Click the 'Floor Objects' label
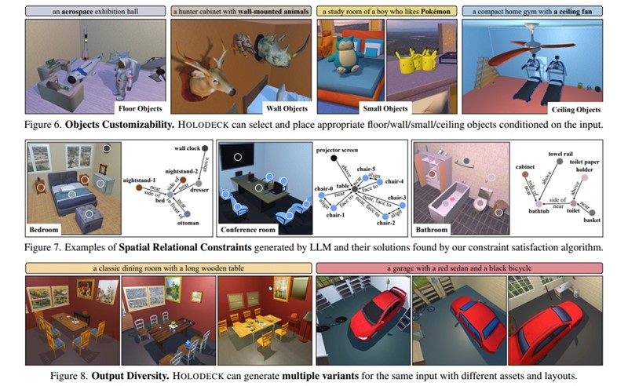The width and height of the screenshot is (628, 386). (x=139, y=108)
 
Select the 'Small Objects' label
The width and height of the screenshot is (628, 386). (x=384, y=108)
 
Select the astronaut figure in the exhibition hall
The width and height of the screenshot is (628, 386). (x=122, y=75)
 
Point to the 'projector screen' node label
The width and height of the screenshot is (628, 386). (x=336, y=147)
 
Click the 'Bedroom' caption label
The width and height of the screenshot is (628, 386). (x=46, y=231)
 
